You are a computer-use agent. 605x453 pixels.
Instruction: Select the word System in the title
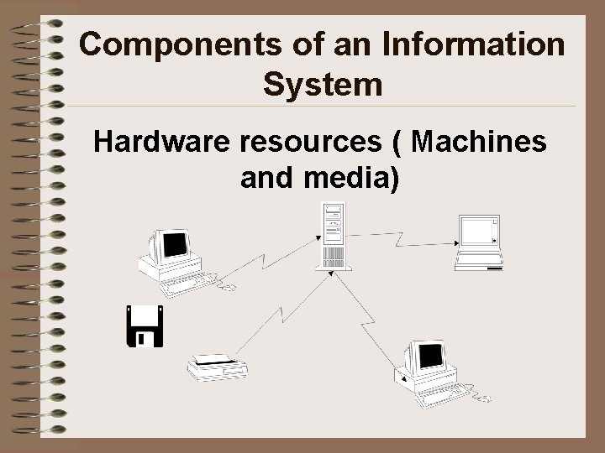pos(323,85)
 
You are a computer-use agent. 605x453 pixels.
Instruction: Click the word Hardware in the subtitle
pos(162,143)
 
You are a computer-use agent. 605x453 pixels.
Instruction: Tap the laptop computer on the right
pos(479,242)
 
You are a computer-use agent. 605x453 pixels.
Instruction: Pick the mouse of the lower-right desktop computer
pos(483,398)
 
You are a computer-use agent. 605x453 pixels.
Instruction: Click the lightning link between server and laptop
pos(403,239)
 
